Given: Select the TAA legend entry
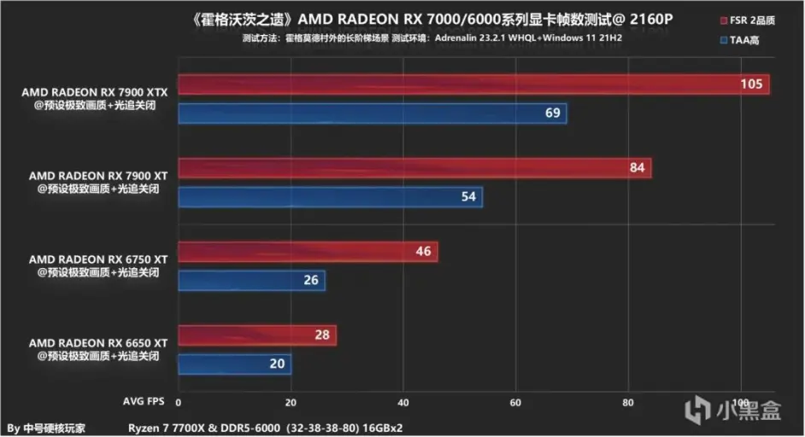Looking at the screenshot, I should (744, 39).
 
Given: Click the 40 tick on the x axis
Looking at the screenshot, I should (403, 401).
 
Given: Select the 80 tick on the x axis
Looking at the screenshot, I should (628, 401).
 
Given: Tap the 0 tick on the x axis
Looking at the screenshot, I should (179, 401).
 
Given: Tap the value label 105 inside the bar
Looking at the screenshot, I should (751, 84).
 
